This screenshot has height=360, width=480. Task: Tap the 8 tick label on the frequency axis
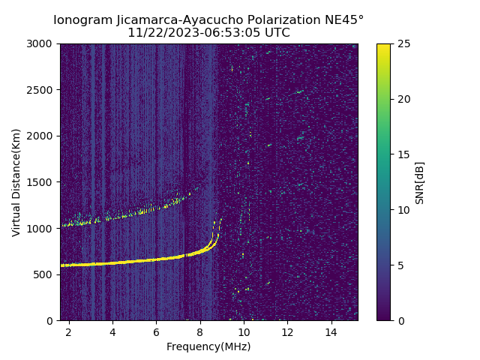(200, 331)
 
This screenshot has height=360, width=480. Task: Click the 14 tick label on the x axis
(331, 331)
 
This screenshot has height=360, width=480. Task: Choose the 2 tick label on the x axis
(69, 331)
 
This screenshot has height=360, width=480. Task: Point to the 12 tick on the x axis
(287, 331)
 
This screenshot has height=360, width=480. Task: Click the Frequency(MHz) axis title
(208, 346)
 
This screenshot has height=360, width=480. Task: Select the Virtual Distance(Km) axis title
(16, 182)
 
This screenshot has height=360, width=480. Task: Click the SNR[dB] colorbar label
(420, 182)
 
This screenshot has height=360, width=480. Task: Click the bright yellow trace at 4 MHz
(112, 262)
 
